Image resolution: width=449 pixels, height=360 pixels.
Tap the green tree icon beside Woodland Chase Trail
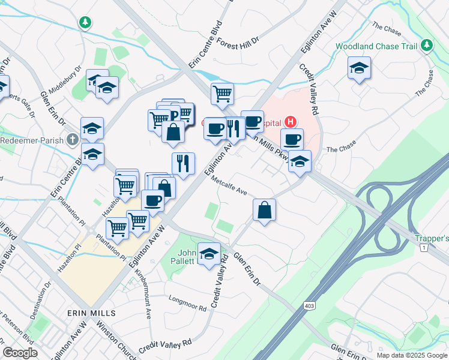coord(427,45)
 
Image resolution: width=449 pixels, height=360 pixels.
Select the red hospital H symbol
coord(291,122)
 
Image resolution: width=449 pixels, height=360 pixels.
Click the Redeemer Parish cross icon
coord(73,139)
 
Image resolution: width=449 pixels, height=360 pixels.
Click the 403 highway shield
coord(309,307)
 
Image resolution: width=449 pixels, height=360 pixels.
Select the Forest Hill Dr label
coord(238,43)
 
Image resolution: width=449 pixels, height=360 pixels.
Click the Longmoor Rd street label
coord(187,303)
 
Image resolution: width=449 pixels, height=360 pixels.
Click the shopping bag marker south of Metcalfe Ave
coord(264,210)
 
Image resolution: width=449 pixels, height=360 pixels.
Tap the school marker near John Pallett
coord(209,253)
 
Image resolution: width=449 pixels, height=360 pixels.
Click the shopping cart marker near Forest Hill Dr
coord(222,93)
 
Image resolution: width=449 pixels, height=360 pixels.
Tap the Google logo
coord(20,353)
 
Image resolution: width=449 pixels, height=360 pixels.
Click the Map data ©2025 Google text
coord(411,355)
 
